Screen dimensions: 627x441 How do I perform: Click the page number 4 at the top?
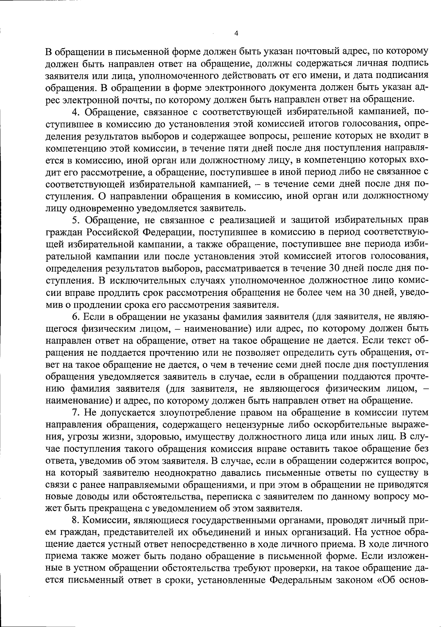[x=236, y=33]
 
